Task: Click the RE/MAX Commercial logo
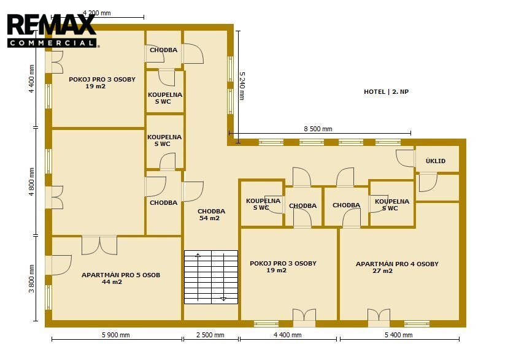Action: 52,31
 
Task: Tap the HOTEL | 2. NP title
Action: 386,92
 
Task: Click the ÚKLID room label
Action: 436,161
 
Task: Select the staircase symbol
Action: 211,277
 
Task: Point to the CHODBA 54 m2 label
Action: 211,215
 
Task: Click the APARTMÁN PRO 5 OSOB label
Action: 121,275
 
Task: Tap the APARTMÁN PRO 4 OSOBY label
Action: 397,264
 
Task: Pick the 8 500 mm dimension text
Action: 318,129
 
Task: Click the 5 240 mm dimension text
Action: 242,86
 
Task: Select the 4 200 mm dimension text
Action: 96,13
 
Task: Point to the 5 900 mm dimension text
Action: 116,335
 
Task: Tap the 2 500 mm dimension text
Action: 210,335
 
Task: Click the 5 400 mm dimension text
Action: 399,335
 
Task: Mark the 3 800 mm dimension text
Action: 31,278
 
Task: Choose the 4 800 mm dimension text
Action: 31,182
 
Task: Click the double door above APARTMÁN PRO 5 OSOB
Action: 99,245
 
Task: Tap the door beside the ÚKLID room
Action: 405,158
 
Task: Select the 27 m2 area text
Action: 382,271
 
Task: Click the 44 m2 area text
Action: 112,282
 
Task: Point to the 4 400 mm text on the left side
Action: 31,79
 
